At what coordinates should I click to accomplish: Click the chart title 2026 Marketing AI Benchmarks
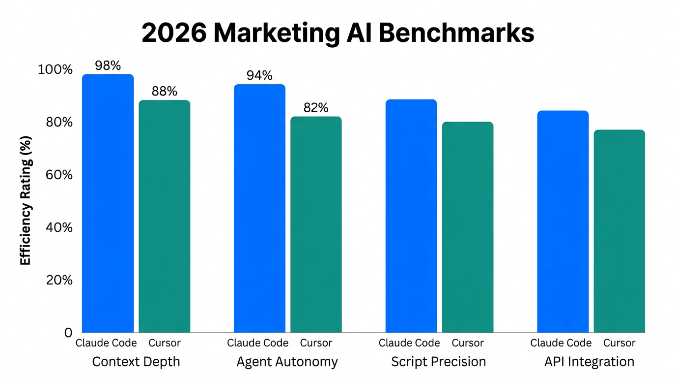pyautogui.click(x=338, y=33)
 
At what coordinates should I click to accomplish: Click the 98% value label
pyautogui.click(x=108, y=65)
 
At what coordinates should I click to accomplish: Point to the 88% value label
pyautogui.click(x=164, y=91)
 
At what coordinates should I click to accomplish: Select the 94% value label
pyautogui.click(x=259, y=75)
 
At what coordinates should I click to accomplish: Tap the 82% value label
pyautogui.click(x=316, y=108)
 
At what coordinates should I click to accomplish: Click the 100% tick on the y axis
pyautogui.click(x=55, y=69)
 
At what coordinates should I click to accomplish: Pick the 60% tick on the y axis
pyautogui.click(x=59, y=175)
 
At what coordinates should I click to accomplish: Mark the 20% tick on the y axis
pyautogui.click(x=59, y=280)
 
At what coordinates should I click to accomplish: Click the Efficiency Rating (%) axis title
pyautogui.click(x=26, y=200)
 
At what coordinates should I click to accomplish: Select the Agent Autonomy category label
pyautogui.click(x=287, y=362)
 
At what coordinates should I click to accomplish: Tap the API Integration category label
pyautogui.click(x=589, y=362)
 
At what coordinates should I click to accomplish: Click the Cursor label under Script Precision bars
pyautogui.click(x=467, y=343)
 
